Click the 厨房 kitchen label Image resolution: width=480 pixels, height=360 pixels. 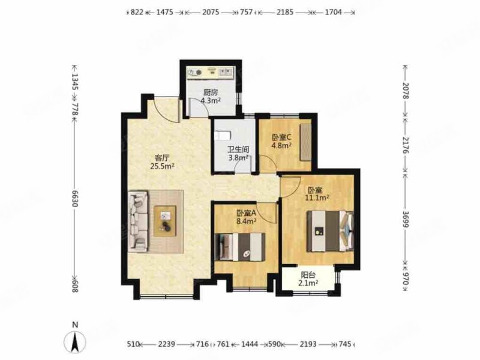pyautogui.click(x=210, y=92)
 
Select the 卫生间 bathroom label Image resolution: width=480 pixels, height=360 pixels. pyautogui.click(x=238, y=149)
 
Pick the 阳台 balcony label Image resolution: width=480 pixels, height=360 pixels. pyautogui.click(x=309, y=274)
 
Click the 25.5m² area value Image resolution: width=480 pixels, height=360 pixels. pyautogui.click(x=163, y=167)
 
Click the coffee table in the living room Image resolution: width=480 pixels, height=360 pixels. pyautogui.click(x=165, y=220)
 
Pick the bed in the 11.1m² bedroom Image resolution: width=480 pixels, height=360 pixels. pyautogui.click(x=329, y=231)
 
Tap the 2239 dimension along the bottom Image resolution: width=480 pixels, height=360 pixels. pyautogui.click(x=167, y=344)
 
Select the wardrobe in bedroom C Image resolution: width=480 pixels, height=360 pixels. pyautogui.click(x=306, y=142)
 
